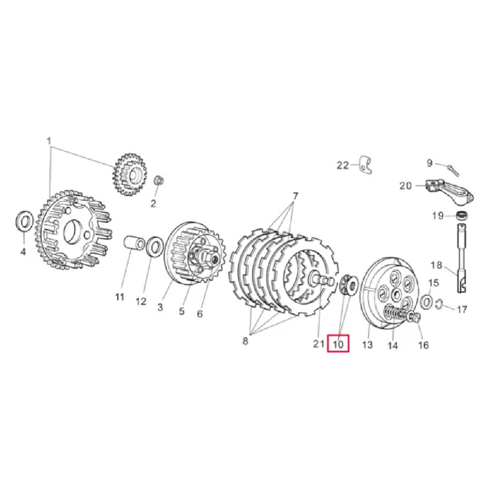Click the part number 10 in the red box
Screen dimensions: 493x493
[x=338, y=344]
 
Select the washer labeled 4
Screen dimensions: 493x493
[x=24, y=221]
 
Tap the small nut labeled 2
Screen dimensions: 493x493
[x=159, y=180]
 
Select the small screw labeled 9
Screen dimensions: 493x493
[x=453, y=169]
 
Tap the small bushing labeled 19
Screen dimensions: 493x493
[x=462, y=216]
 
